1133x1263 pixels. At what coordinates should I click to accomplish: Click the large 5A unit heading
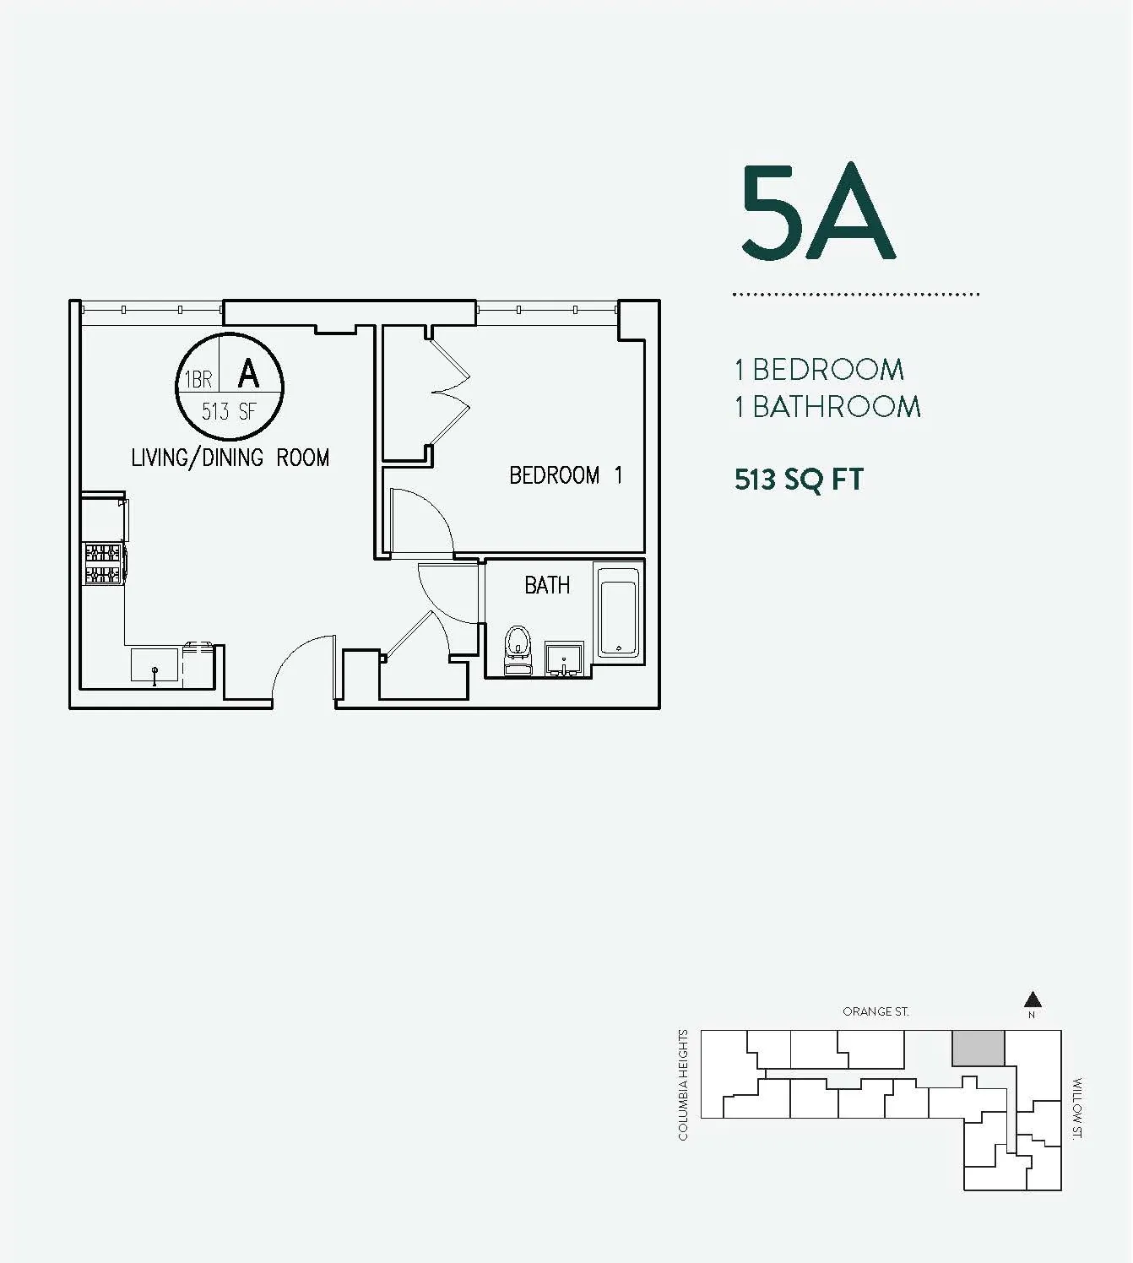[x=817, y=212]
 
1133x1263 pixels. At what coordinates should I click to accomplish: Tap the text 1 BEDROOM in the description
[x=819, y=370]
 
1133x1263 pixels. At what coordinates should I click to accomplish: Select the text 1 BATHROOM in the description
[x=827, y=407]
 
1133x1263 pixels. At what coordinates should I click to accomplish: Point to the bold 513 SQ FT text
[x=799, y=480]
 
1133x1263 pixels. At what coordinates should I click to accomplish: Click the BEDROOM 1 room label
[x=566, y=475]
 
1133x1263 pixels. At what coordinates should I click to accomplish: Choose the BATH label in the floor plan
[x=547, y=585]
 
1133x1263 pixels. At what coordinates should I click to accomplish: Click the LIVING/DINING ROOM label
[x=230, y=458]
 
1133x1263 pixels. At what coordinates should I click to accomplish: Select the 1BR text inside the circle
[x=198, y=380]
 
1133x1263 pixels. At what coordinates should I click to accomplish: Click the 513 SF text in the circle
[x=228, y=412]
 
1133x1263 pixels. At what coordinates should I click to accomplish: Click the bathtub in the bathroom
[x=618, y=612]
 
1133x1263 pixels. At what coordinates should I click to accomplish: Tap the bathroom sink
[x=564, y=657]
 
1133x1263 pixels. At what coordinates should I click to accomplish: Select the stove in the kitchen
[x=103, y=564]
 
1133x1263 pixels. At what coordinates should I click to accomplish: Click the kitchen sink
[x=154, y=665]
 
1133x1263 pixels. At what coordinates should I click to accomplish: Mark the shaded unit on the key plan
[x=979, y=1048]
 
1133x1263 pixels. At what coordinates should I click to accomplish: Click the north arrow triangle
[x=1032, y=1000]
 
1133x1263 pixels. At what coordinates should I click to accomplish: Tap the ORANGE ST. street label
[x=875, y=1011]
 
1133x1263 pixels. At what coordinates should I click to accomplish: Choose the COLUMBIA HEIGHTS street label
[x=684, y=1085]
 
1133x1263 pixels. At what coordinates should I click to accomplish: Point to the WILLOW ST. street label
[x=1076, y=1109]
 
